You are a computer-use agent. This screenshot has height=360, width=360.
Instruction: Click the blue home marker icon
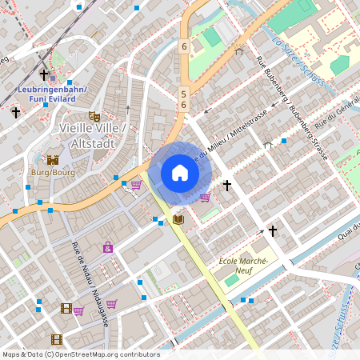(180, 173)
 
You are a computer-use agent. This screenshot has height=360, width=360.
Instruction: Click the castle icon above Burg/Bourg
(53, 160)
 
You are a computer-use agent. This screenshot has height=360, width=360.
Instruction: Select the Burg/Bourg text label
(53, 172)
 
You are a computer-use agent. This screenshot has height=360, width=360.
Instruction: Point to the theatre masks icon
(94, 116)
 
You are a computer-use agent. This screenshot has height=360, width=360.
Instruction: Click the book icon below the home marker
(178, 218)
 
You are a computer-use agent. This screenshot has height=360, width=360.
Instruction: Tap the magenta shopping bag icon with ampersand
(108, 247)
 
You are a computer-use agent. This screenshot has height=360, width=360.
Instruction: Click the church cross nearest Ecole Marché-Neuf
(272, 231)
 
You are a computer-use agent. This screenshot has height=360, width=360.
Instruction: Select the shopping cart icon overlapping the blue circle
(205, 197)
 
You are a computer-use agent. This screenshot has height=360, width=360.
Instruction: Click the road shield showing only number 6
(183, 46)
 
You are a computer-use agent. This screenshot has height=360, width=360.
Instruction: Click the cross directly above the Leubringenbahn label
(44, 75)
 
